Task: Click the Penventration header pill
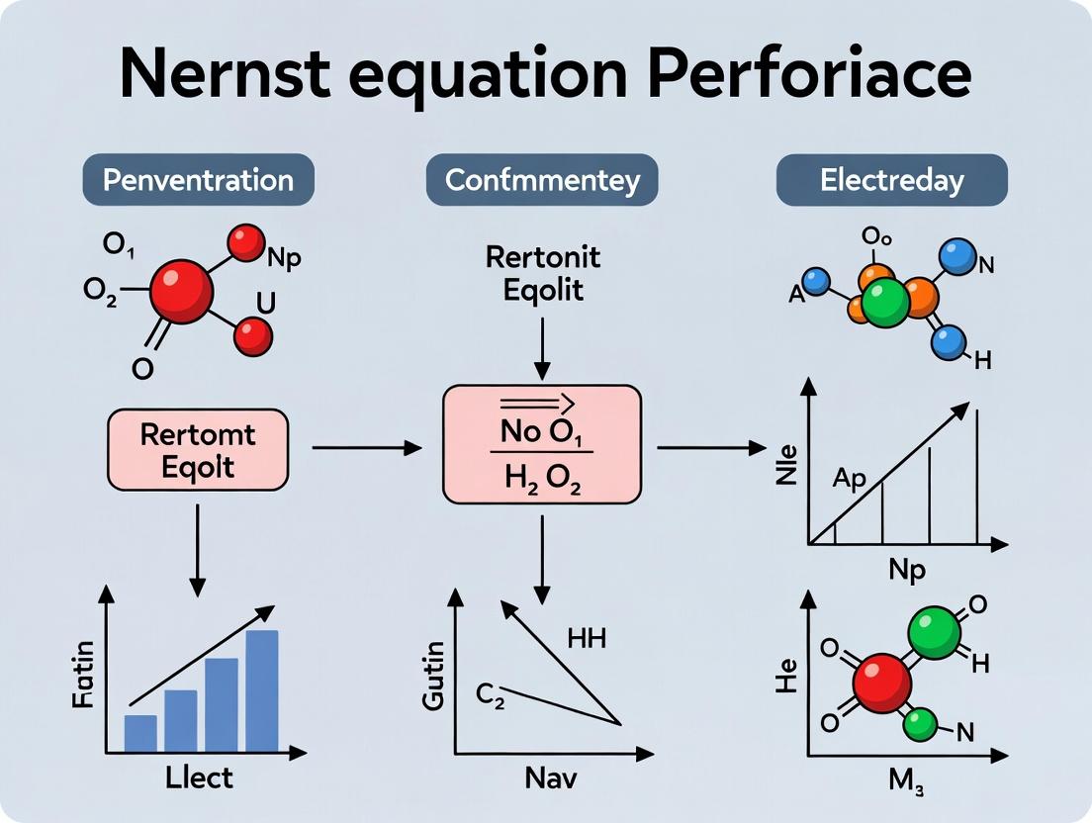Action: point(199,180)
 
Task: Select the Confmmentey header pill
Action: point(542,180)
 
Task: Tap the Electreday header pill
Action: point(891,180)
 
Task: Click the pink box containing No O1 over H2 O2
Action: point(541,444)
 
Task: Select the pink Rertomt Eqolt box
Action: point(198,450)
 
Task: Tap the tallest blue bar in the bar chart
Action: point(262,690)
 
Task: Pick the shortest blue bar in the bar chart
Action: point(140,733)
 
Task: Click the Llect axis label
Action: point(200,777)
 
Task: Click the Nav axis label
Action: point(548,777)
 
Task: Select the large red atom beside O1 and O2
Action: point(181,292)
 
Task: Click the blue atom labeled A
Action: point(815,282)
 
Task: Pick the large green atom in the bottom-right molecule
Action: point(934,633)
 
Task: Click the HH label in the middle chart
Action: point(587,639)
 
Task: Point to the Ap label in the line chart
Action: point(849,479)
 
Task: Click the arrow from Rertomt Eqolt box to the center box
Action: point(366,449)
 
